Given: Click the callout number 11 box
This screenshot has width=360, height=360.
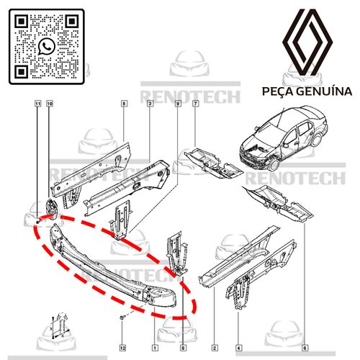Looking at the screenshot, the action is coord(37,104).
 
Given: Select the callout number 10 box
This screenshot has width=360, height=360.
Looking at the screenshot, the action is coord(50,104).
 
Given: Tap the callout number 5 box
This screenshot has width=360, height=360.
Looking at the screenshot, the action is coord(124,104).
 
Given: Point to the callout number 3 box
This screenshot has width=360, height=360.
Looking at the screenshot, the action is coord(150,104).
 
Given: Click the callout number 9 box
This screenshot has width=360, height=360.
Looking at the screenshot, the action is coord(178,104).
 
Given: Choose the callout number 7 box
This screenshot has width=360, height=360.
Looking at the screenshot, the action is coord(196,104).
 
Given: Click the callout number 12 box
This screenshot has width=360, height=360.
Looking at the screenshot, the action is coord(122,348).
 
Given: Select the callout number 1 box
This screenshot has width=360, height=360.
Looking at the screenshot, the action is coord(155,348).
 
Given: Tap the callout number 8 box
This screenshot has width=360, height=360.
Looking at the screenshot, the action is coord(183,348).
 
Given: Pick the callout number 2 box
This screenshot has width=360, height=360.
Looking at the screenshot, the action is coord(215,348).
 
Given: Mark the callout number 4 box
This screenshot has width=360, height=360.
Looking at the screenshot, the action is coord(238,348).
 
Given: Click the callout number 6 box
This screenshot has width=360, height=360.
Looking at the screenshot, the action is coord(305,348).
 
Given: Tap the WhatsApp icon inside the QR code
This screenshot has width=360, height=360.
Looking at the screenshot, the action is coord(47,47).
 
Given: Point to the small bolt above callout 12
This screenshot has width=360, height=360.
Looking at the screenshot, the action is coord(122,318).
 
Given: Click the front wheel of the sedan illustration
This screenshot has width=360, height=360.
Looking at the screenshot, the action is coord(274,164).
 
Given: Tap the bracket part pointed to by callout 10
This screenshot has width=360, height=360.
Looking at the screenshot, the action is coord(52,207).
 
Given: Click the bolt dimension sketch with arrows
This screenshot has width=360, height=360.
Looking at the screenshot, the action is coord(60,325).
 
